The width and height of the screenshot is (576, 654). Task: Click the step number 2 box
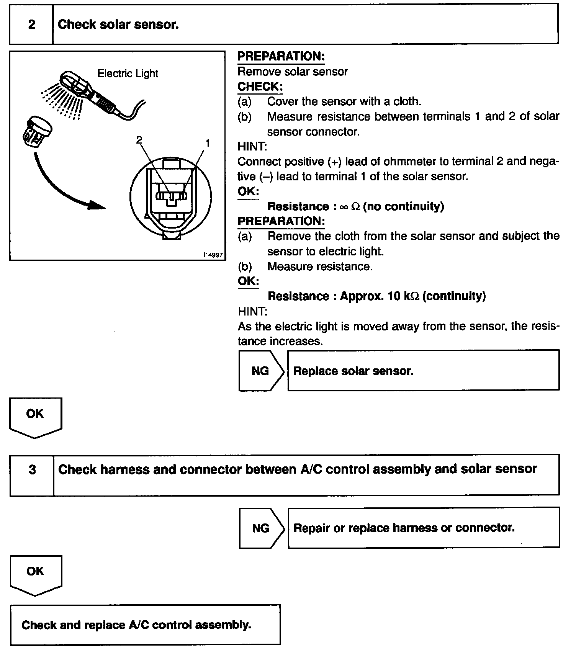[x=31, y=25]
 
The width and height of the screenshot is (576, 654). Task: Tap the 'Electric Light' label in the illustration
[x=128, y=74]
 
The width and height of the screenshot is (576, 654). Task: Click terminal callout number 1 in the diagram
[x=208, y=143]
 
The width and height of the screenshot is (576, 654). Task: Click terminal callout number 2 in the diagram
[x=139, y=140]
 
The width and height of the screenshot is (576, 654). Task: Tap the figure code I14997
[x=213, y=255]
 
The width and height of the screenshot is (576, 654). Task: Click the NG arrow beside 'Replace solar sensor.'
[x=261, y=371]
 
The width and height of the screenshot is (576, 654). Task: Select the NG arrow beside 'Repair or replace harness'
[x=261, y=528]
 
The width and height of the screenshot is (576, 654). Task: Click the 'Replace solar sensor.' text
[x=353, y=371]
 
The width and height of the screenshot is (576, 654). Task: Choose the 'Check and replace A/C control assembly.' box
[x=145, y=625]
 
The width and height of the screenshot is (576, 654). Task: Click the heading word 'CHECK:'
[x=260, y=87]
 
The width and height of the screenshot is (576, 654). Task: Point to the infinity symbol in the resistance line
[x=344, y=207]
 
